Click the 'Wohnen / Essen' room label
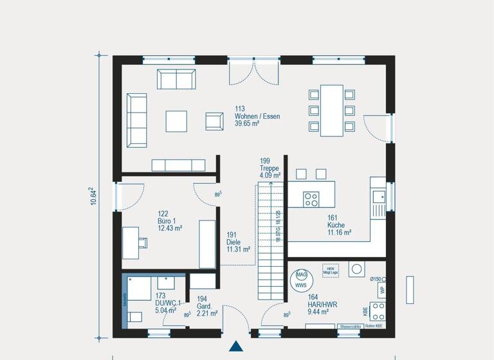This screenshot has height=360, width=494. tap(257, 116)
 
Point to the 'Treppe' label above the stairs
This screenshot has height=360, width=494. tap(270, 168)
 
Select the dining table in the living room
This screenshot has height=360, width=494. tap(332, 110)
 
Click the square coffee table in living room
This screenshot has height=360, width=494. tap(176, 121)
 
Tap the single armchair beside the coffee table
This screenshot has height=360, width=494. tap(214, 120)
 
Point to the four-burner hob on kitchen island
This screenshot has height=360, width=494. tap(311, 199)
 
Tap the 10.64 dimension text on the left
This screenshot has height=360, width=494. tap(93, 196)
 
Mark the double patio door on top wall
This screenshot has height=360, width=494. tap(254, 72)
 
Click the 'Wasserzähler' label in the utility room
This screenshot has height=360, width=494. tap(350, 327)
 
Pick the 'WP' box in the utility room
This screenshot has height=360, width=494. tap(382, 289)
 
